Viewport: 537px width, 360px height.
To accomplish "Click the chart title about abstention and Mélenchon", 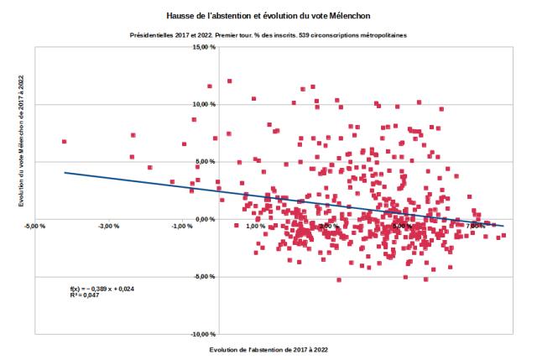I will pyautogui.click(x=268, y=16).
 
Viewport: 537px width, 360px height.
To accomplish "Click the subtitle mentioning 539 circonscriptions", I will pyautogui.click(x=268, y=36).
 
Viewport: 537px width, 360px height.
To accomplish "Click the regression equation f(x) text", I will pyautogui.click(x=102, y=289).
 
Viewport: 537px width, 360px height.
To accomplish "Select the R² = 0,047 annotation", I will pyautogui.click(x=85, y=295).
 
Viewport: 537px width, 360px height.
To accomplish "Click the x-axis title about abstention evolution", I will pyautogui.click(x=268, y=348).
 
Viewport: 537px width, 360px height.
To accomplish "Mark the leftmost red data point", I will pyautogui.click(x=64, y=142).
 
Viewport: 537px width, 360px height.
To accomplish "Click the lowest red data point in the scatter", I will pyautogui.click(x=339, y=279).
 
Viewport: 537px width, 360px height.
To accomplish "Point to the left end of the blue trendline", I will pyautogui.click(x=65, y=173).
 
